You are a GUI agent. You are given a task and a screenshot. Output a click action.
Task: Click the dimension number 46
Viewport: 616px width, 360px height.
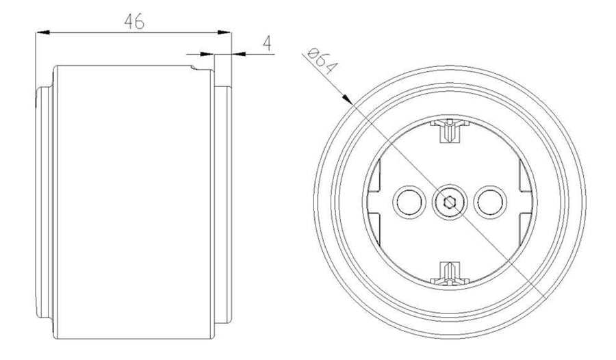[134, 21]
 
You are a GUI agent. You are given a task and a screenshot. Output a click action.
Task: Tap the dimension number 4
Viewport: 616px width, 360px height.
[268, 43]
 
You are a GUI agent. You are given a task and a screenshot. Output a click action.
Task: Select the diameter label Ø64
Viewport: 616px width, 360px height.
[322, 61]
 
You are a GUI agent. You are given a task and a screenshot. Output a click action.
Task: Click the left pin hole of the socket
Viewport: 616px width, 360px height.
[409, 202]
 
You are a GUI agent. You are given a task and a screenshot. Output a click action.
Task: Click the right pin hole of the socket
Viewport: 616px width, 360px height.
[490, 202]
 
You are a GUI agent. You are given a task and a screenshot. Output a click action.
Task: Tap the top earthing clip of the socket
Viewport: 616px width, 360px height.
[450, 130]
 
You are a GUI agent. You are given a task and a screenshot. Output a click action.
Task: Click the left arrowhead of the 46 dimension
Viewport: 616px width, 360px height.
[42, 33]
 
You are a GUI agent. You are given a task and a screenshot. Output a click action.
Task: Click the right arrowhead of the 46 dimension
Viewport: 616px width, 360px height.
[224, 33]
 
